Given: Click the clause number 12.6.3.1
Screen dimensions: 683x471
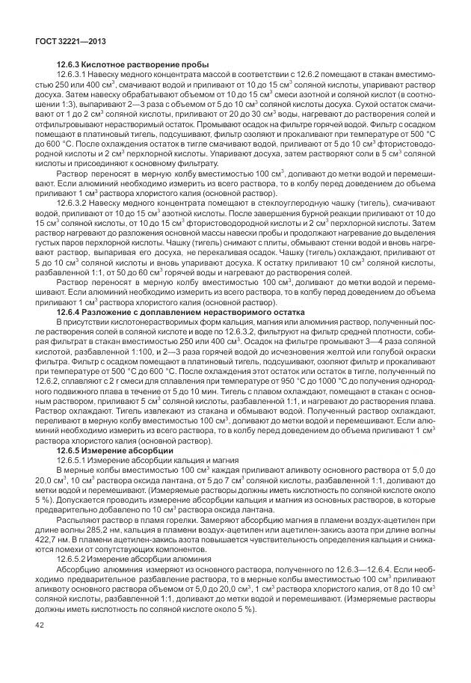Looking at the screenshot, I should pyautogui.click(x=75, y=76).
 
